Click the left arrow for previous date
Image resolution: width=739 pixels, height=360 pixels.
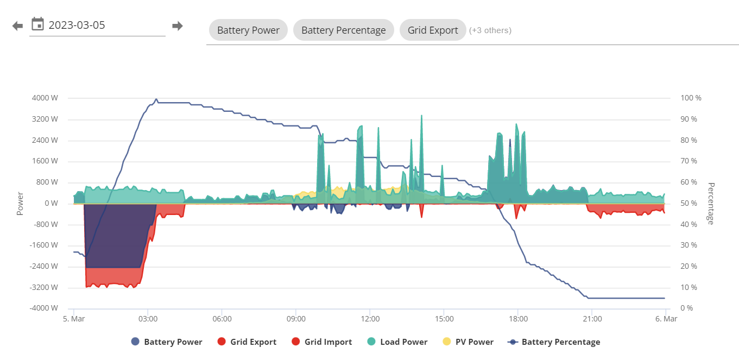click(x=17, y=26)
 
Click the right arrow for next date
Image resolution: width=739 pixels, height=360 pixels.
click(x=178, y=26)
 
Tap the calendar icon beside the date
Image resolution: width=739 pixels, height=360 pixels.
click(x=37, y=24)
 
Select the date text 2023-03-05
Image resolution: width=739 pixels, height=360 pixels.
click(x=77, y=25)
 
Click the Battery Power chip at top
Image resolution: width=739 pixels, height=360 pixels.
click(x=248, y=30)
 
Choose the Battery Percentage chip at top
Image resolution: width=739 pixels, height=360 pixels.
click(x=344, y=30)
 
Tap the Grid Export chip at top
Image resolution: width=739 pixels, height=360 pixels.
click(x=433, y=30)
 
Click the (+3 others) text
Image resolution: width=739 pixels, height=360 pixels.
click(x=490, y=30)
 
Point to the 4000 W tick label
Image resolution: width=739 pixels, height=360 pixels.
click(x=45, y=98)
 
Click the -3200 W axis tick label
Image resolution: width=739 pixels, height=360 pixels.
click(x=44, y=287)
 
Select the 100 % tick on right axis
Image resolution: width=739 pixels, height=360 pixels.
click(x=691, y=98)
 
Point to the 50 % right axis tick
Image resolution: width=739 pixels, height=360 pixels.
click(x=689, y=203)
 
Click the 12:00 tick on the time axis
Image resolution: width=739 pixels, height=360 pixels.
click(x=370, y=319)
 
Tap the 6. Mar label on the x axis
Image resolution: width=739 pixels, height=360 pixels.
click(x=666, y=319)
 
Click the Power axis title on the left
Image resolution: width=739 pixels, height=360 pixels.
click(x=20, y=204)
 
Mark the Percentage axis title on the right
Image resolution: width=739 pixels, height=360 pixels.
click(x=711, y=204)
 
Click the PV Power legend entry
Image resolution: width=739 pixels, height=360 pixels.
click(x=468, y=342)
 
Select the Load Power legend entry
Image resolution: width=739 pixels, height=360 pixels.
click(x=397, y=342)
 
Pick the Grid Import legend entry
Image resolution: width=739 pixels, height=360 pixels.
click(x=321, y=342)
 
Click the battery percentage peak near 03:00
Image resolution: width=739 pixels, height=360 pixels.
click(x=156, y=99)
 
